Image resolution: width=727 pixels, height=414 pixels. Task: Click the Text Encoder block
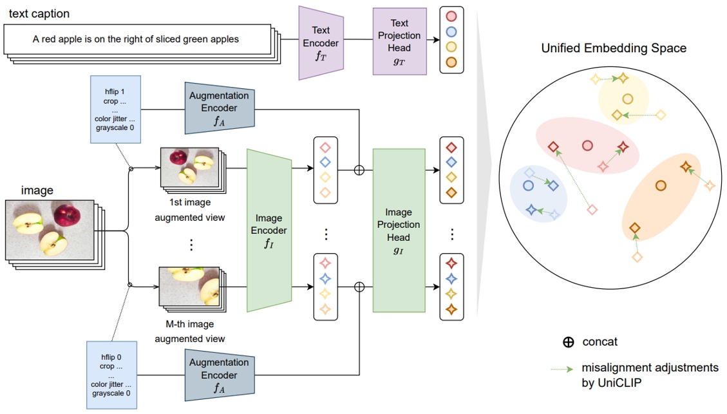[x=321, y=42]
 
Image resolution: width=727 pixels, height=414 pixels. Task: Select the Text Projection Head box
[x=399, y=41]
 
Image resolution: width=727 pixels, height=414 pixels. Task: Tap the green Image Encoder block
[x=269, y=231]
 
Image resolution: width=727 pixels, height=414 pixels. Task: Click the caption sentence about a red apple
[x=136, y=39]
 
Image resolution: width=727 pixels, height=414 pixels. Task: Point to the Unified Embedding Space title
[x=613, y=48]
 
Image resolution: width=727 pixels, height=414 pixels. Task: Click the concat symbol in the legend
[x=568, y=342]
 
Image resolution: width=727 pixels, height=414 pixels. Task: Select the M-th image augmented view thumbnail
[x=189, y=287]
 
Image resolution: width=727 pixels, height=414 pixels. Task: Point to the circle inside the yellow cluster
[x=627, y=99]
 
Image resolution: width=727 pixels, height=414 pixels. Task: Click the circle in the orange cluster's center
[x=660, y=186]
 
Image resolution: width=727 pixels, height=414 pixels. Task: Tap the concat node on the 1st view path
[x=359, y=170]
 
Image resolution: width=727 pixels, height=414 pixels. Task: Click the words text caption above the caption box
[x=39, y=14]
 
